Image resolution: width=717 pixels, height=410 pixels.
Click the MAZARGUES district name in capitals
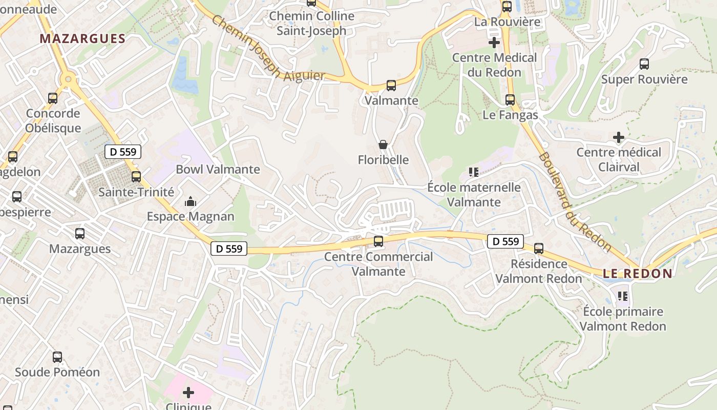click(x=82, y=39)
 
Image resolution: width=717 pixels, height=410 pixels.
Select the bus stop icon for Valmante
click(x=391, y=86)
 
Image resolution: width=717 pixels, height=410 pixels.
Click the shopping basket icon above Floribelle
click(x=383, y=145)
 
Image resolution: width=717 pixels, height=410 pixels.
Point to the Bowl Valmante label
click(x=218, y=169)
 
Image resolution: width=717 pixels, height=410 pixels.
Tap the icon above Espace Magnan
click(x=191, y=201)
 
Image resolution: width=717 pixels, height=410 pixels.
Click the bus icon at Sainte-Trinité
click(x=136, y=177)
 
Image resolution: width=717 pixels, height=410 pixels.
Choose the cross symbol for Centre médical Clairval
click(x=619, y=137)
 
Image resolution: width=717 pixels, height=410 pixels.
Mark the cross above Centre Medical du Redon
click(x=494, y=43)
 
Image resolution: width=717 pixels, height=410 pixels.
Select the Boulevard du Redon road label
click(x=575, y=201)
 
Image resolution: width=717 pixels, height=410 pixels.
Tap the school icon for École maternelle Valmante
click(x=473, y=172)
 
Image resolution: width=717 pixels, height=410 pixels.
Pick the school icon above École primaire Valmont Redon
click(x=623, y=296)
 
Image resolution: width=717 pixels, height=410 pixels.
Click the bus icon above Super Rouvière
click(x=644, y=64)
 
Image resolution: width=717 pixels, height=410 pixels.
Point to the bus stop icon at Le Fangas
click(x=510, y=100)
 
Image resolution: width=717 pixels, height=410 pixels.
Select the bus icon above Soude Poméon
click(x=57, y=357)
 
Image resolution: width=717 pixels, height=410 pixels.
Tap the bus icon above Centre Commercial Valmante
click(x=378, y=241)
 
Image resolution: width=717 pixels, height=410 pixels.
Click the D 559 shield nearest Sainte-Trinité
click(x=123, y=152)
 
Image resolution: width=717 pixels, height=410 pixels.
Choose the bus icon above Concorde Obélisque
click(x=53, y=98)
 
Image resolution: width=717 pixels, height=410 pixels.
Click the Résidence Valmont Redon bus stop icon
click(x=539, y=249)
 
